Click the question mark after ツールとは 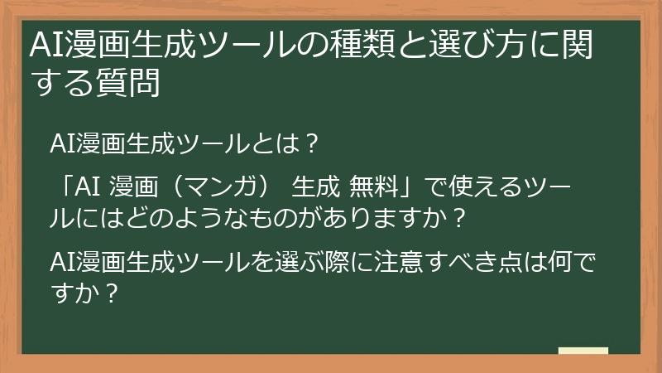point(310,143)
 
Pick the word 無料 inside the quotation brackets point(373,188)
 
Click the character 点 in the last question point(497,264)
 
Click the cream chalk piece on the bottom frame point(583,351)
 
